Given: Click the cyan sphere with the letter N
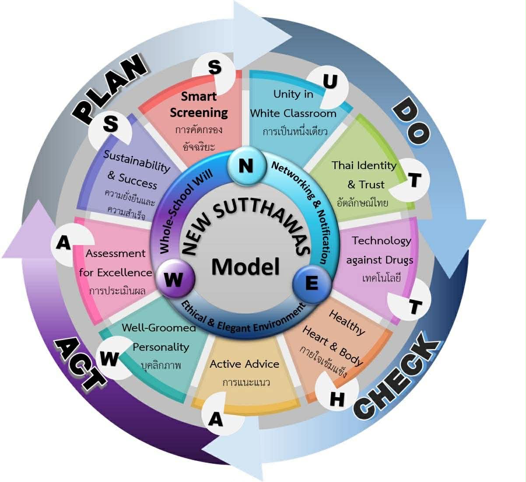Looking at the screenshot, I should (x=246, y=166).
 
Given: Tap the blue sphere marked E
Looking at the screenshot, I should (x=311, y=284).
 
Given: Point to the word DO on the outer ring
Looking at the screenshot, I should (x=410, y=122).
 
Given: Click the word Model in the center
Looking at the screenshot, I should (x=245, y=267).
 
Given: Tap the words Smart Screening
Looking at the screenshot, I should (x=199, y=104).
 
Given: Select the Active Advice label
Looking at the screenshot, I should (x=244, y=364).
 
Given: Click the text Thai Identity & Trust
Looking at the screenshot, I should (x=365, y=175).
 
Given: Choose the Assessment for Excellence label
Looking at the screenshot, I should (x=116, y=263).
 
